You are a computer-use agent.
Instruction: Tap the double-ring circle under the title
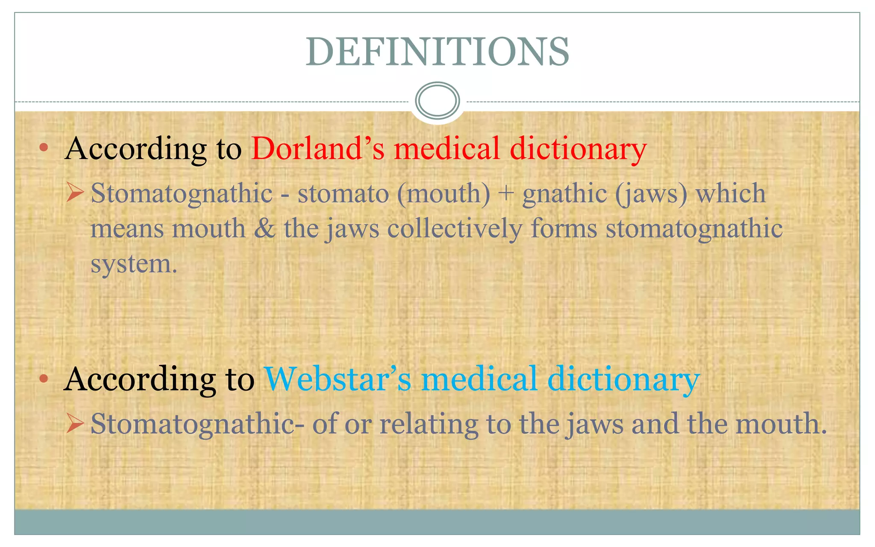[437, 101]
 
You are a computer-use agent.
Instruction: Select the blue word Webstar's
[338, 379]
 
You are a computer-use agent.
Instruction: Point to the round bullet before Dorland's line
[44, 148]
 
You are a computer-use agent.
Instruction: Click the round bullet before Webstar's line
[44, 379]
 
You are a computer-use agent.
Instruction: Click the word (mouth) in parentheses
[443, 194]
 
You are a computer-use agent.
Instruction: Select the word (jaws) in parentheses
[651, 194]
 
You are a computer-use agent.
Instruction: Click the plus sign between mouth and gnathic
[506, 194]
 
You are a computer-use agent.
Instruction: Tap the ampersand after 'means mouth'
[264, 228]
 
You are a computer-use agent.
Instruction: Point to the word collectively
[455, 228]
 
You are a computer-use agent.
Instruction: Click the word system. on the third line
[134, 264]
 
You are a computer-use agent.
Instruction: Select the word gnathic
[564, 194]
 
